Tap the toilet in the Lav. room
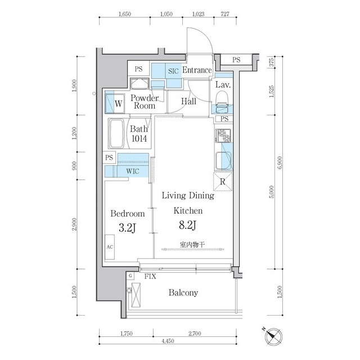(x=222, y=97)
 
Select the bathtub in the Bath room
(x=116, y=133)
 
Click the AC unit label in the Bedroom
(x=110, y=247)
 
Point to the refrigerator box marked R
(x=223, y=182)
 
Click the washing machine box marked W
(x=115, y=103)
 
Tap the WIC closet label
(x=133, y=171)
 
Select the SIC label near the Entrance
(x=173, y=71)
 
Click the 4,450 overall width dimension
(x=168, y=341)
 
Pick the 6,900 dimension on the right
(x=280, y=163)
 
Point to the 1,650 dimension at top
(x=125, y=14)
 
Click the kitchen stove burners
(x=223, y=136)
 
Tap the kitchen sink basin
(x=223, y=160)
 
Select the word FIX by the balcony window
(x=150, y=276)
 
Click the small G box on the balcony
(x=130, y=276)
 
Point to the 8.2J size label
(x=187, y=225)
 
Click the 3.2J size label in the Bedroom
(x=128, y=228)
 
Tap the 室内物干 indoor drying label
(x=192, y=245)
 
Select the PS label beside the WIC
(x=109, y=157)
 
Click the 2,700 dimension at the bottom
(x=195, y=334)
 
